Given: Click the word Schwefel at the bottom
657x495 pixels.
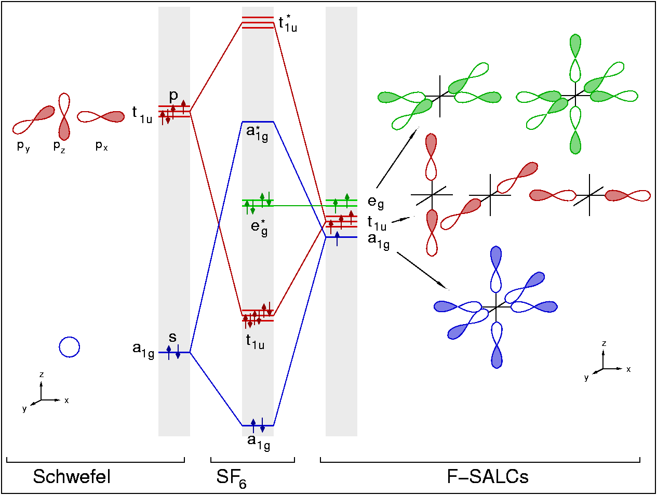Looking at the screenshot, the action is tap(72, 476).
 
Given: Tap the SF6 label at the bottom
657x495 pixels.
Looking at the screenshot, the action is tap(231, 478).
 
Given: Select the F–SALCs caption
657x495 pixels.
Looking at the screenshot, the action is tap(488, 476).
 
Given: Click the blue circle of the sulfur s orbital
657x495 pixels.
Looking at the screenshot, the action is tap(70, 347).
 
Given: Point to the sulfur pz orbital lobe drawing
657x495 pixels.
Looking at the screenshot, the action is tap(64, 116).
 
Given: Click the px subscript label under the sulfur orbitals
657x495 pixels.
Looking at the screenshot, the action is tap(101, 146).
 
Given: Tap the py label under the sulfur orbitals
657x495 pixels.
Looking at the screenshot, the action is tap(23, 146).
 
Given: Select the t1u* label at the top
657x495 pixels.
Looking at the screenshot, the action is tap(288, 24).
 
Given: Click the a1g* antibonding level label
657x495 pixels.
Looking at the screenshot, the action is tap(257, 134).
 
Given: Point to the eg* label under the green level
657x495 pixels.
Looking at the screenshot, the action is tap(259, 229).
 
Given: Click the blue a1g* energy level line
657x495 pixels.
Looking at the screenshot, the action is tap(258, 122).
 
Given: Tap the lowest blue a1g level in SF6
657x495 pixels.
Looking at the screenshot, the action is tap(258, 425).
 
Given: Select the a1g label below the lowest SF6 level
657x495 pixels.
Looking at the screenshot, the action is tap(259, 443).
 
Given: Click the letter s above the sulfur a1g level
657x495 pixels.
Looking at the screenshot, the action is tap(173, 337).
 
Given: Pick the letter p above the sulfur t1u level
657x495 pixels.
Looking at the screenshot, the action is tap(173, 96).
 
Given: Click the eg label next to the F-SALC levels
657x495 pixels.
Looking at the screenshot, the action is tap(376, 202).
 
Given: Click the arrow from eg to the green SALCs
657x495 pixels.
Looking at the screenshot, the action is tap(397, 158).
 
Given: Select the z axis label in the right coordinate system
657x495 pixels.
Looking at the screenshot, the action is tap(604, 343).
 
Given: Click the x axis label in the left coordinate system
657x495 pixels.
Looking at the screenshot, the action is tap(66, 400).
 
